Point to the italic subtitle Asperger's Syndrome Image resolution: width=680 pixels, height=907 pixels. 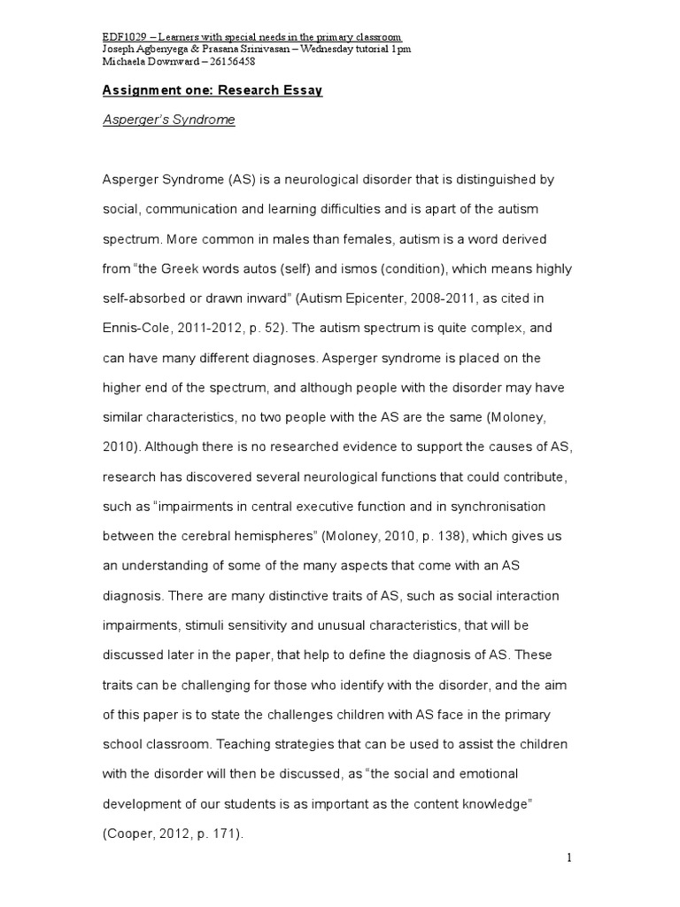(169, 120)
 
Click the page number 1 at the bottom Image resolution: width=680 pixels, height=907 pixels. (571, 857)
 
